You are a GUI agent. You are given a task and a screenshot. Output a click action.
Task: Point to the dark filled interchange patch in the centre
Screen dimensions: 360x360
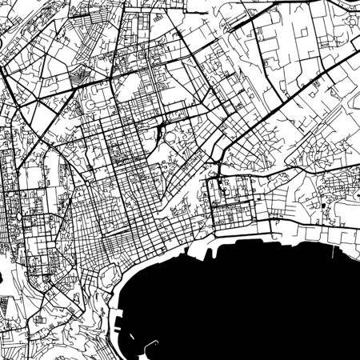tap(164, 128)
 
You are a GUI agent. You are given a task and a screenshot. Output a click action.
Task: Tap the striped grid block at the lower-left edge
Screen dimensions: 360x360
tap(8, 308)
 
